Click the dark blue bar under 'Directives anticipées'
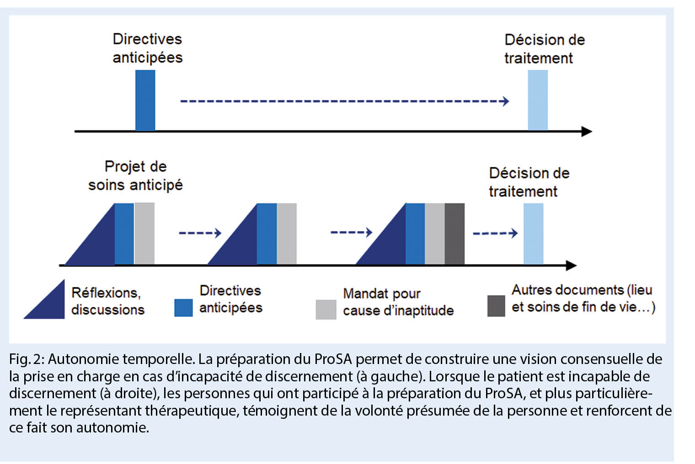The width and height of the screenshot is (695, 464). (x=145, y=100)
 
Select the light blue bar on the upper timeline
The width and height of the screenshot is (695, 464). (x=538, y=100)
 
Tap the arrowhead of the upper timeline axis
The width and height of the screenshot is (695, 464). (x=587, y=132)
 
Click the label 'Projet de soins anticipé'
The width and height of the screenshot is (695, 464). (x=135, y=175)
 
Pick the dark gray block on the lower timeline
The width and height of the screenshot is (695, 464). (x=454, y=234)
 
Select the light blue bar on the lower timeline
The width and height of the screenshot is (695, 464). (x=533, y=234)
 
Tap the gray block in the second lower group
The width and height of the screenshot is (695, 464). (x=287, y=234)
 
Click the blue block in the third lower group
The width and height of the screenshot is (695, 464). (x=415, y=234)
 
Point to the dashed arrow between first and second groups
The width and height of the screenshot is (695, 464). (x=200, y=233)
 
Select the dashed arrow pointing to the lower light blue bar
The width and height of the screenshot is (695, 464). (x=495, y=233)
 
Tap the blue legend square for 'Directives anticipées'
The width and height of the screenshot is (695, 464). (x=183, y=307)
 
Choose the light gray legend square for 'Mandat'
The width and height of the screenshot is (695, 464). (x=326, y=309)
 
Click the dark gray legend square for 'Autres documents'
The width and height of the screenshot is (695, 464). (x=496, y=306)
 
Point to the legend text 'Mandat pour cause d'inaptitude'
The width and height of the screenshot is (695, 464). (x=398, y=302)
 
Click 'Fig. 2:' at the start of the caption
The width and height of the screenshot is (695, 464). (x=27, y=359)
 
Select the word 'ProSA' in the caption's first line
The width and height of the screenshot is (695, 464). (x=333, y=359)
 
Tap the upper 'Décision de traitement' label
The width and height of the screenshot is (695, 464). (x=544, y=49)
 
